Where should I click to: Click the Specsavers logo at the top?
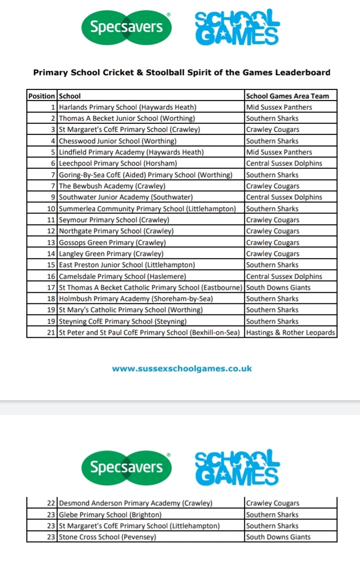(x=126, y=27)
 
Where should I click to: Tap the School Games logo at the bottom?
(x=237, y=467)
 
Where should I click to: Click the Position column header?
(x=42, y=96)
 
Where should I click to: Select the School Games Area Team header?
(x=287, y=96)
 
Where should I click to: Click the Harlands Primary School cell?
(x=128, y=107)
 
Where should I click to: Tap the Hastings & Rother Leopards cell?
(x=290, y=332)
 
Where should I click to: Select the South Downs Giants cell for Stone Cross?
(x=278, y=537)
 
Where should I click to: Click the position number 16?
(x=50, y=276)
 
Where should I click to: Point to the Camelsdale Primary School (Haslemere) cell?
(x=123, y=276)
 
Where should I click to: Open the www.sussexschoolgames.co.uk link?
(x=182, y=369)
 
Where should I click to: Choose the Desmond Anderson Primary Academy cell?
(x=136, y=503)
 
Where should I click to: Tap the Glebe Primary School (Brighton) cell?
(x=110, y=514)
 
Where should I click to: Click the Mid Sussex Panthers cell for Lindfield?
(x=279, y=152)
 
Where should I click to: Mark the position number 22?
(x=50, y=503)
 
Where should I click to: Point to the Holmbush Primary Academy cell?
(x=136, y=299)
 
